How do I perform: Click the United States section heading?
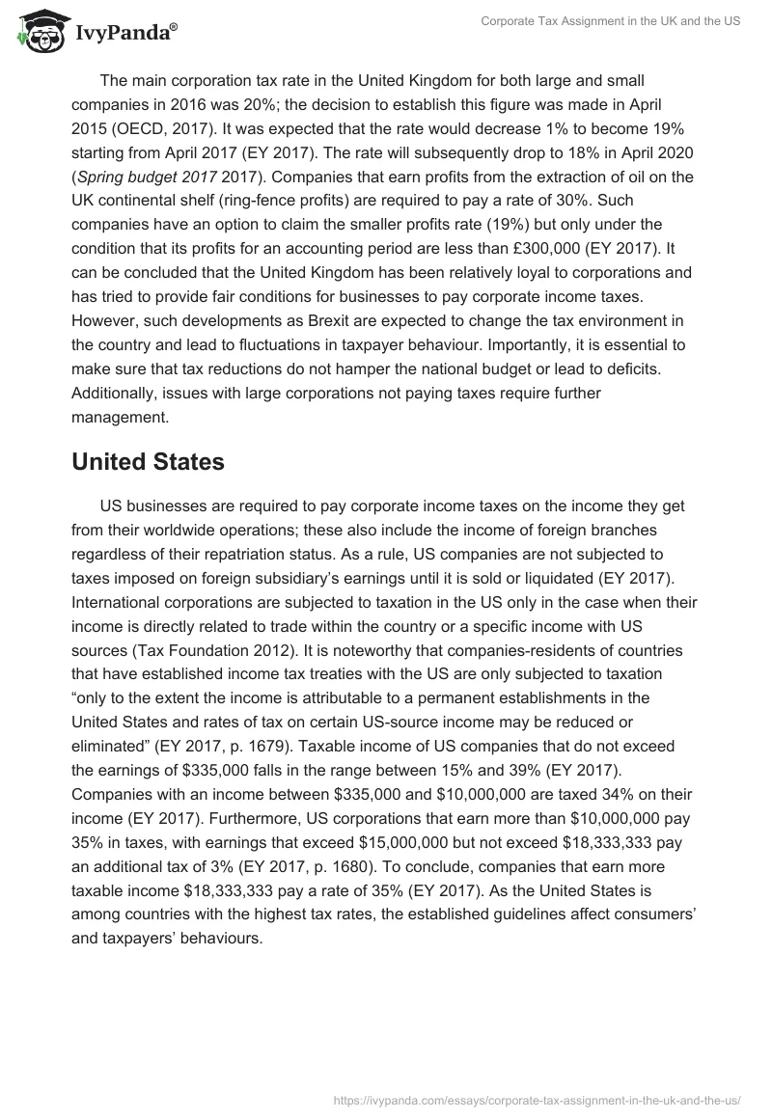click(148, 461)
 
